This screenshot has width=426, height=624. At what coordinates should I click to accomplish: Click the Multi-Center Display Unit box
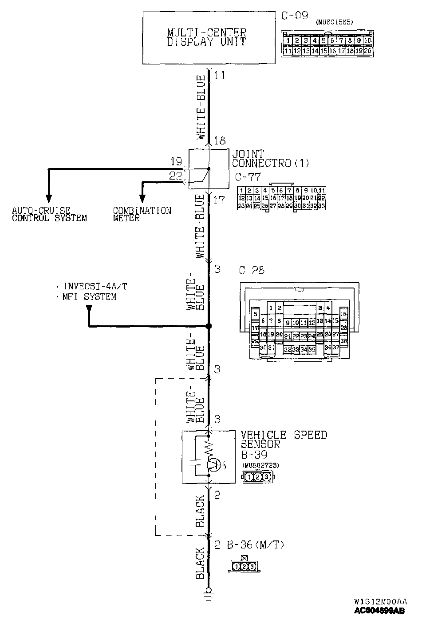[206, 38]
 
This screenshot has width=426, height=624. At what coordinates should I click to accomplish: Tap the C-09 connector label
[295, 16]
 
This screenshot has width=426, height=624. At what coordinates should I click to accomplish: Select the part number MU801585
[334, 22]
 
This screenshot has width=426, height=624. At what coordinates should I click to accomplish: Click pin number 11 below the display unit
[220, 76]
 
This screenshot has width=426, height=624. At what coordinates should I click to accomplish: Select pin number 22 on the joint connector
[176, 176]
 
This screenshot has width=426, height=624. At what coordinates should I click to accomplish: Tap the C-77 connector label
[248, 176]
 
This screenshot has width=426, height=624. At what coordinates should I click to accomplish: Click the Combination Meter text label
[142, 214]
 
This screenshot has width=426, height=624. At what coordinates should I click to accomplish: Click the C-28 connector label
[252, 270]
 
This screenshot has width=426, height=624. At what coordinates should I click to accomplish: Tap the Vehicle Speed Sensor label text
[284, 439]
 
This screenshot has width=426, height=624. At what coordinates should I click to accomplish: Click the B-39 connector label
[254, 455]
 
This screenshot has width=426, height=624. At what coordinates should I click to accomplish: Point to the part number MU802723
[260, 465]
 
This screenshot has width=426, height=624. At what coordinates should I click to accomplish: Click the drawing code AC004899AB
[379, 611]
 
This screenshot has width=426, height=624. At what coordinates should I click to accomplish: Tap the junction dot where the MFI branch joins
[209, 326]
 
